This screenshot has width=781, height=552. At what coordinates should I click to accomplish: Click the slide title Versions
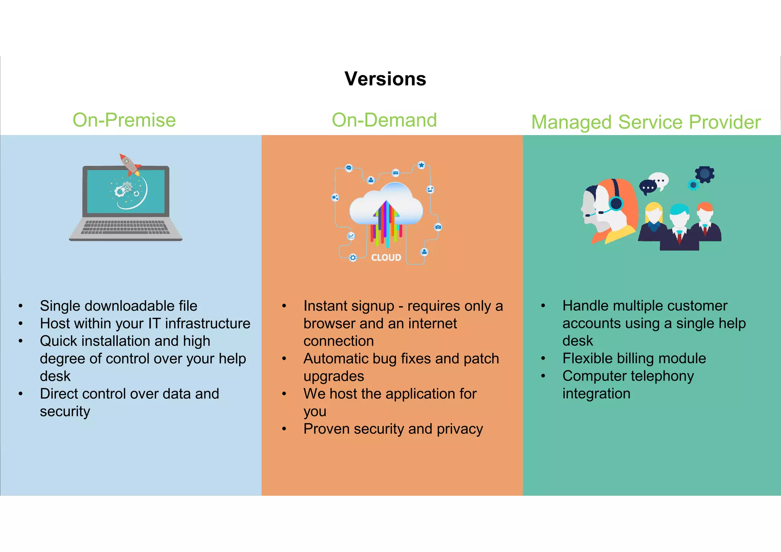tap(385, 79)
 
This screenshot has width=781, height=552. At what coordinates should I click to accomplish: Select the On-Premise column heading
tap(124, 120)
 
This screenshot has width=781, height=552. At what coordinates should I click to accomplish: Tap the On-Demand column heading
tap(384, 120)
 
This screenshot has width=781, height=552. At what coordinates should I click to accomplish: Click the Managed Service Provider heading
tap(646, 122)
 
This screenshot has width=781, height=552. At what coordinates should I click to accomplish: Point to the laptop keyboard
tap(125, 227)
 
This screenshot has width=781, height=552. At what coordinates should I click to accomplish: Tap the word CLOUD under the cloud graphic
tap(386, 258)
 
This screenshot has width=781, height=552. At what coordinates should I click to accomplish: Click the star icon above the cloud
tap(421, 165)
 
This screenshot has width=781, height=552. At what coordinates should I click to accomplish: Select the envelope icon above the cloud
tap(395, 173)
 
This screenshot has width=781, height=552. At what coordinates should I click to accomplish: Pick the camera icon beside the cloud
tap(438, 227)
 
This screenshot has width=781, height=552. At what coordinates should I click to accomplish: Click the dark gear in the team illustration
tap(704, 174)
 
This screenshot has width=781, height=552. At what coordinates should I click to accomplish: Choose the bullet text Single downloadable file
tap(119, 306)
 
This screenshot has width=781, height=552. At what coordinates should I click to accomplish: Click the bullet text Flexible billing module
tap(634, 359)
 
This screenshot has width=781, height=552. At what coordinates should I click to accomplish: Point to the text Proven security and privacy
tap(393, 429)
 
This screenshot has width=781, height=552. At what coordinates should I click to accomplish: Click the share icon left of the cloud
tap(335, 198)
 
